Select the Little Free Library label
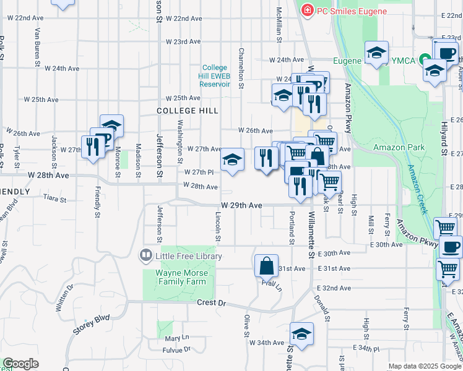184,254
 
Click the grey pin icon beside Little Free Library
146,254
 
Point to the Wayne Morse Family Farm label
177,277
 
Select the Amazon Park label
399,147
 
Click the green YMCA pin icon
426,60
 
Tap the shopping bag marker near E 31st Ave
266,266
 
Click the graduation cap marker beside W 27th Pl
232,160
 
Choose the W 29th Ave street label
240,205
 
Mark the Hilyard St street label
444,143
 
